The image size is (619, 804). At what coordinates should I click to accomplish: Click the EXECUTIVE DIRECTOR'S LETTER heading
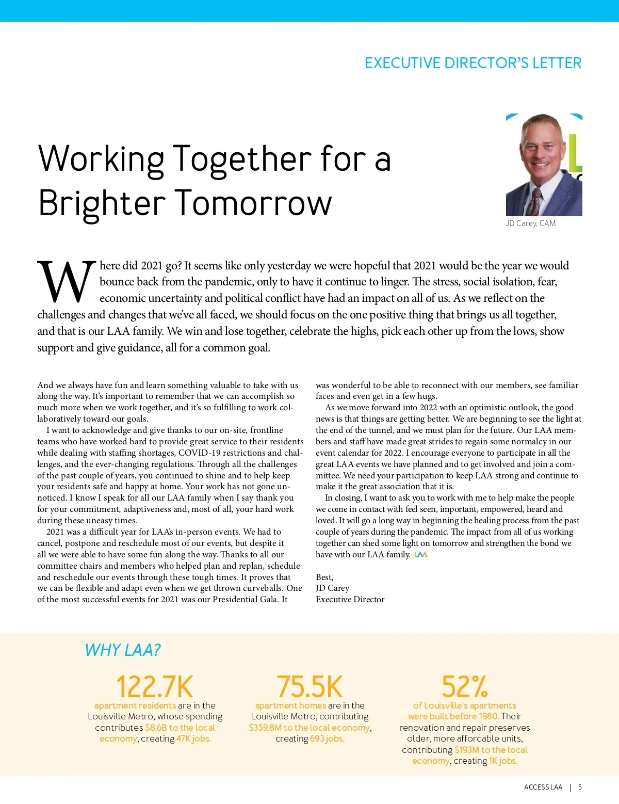click(x=473, y=63)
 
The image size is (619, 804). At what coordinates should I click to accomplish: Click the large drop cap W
click(x=67, y=282)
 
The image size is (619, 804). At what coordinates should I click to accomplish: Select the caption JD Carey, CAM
click(x=530, y=223)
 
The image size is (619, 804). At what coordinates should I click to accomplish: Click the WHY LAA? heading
click(x=123, y=650)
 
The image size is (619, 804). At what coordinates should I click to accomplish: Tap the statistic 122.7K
click(x=155, y=686)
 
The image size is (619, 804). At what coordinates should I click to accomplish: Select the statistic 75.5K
click(x=309, y=686)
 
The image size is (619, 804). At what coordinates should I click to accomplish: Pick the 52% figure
click(x=464, y=686)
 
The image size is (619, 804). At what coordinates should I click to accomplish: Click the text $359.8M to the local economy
click(x=309, y=728)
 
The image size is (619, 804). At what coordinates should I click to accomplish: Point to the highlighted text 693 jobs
click(x=327, y=738)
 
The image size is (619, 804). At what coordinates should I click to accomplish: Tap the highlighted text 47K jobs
click(x=193, y=738)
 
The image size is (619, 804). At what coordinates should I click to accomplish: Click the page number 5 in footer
click(x=580, y=787)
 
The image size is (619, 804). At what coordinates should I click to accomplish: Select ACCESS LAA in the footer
click(x=543, y=787)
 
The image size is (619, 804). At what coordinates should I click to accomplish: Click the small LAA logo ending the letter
click(x=421, y=555)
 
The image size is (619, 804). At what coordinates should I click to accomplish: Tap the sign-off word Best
click(x=324, y=577)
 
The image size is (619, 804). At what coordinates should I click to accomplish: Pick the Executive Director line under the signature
click(x=350, y=599)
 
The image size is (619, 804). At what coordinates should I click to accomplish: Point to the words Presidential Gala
click(x=245, y=599)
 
